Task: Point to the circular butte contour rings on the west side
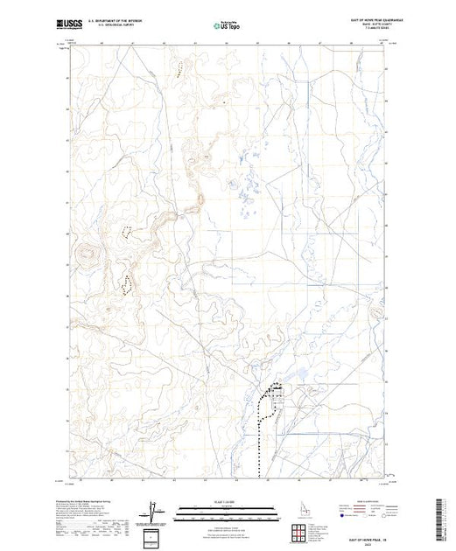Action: pos(87,255)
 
